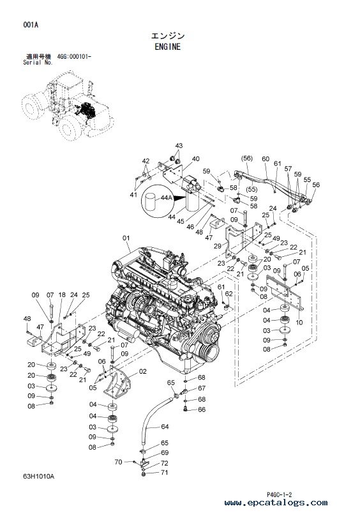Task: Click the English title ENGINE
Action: (167, 47)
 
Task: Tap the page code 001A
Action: (31, 25)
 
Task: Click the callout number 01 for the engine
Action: (126, 238)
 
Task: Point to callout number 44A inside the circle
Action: (166, 197)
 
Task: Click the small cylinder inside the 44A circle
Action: (151, 202)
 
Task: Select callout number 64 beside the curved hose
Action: (165, 427)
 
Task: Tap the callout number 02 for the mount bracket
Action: (142, 371)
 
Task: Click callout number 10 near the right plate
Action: (299, 322)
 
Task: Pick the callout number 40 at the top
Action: (195, 159)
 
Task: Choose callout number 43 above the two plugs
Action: (179, 146)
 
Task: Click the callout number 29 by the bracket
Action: (218, 246)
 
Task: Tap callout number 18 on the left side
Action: (62, 295)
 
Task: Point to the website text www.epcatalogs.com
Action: (276, 502)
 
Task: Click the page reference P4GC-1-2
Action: (279, 494)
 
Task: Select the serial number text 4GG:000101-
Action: (74, 57)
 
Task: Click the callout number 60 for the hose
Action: (266, 159)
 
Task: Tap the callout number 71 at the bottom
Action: (164, 472)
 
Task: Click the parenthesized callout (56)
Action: (247, 158)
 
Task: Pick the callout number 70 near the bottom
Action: (118, 462)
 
